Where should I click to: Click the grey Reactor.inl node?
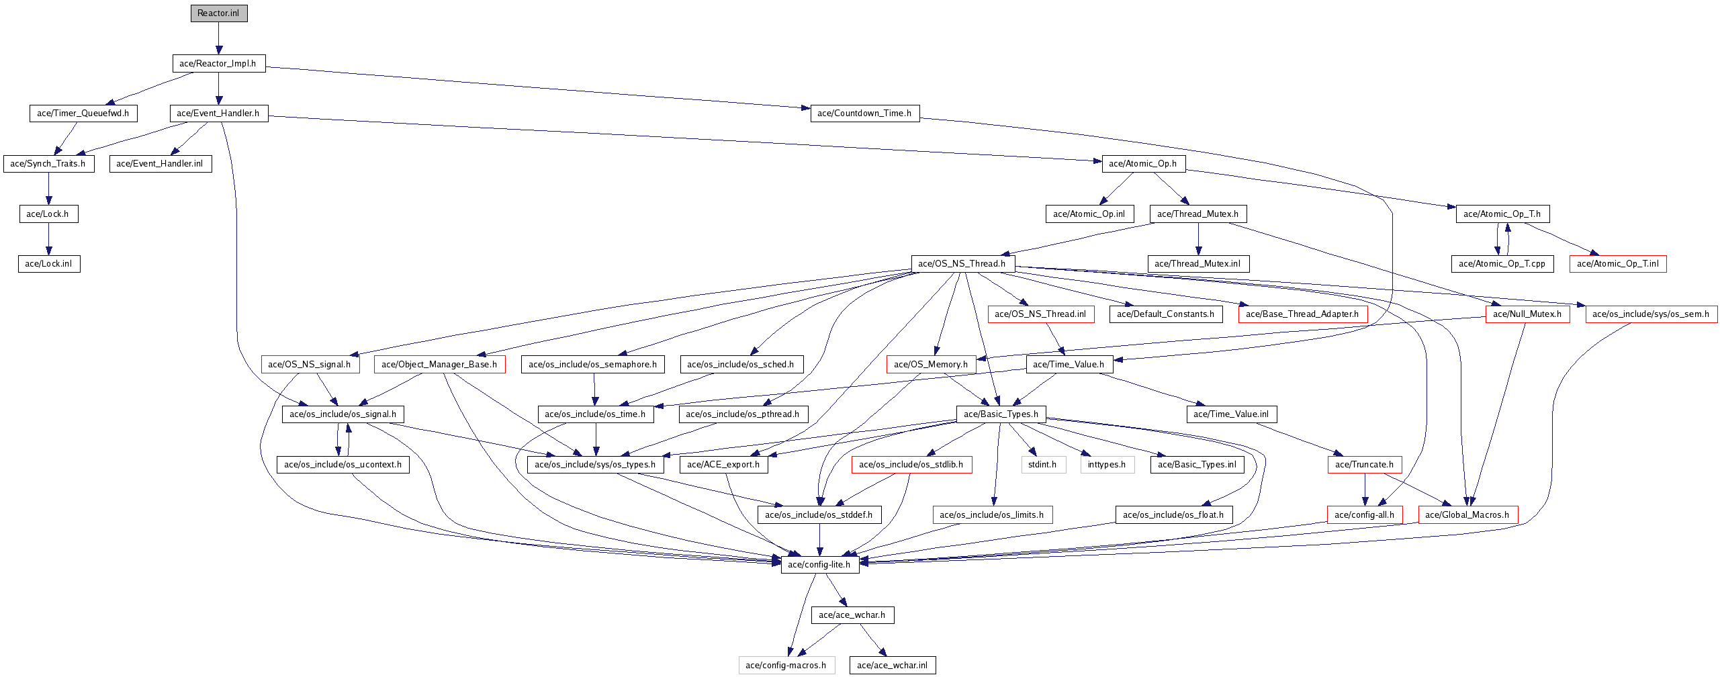[218, 13]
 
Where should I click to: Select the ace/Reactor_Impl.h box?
[218, 64]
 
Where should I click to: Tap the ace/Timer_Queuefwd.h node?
[83, 114]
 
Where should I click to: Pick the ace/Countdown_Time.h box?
[864, 114]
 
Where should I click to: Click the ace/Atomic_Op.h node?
[1142, 164]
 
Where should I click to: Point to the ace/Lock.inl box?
[48, 264]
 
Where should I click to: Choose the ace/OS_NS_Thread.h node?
[962, 264]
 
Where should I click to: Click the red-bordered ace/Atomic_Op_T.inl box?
[1617, 264]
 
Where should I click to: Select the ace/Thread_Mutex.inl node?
[1197, 264]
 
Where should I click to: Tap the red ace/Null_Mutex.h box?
[1527, 314]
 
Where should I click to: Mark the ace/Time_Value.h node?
[1069, 365]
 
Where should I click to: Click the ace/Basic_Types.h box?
[1001, 414]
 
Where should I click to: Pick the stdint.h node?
[1042, 465]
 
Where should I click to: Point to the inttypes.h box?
[1107, 465]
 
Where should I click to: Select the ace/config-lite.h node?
[819, 565]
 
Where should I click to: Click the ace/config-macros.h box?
[786, 666]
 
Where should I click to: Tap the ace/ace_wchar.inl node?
[892, 666]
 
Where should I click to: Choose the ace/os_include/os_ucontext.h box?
[343, 465]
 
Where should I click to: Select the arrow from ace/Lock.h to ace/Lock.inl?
[48, 238]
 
